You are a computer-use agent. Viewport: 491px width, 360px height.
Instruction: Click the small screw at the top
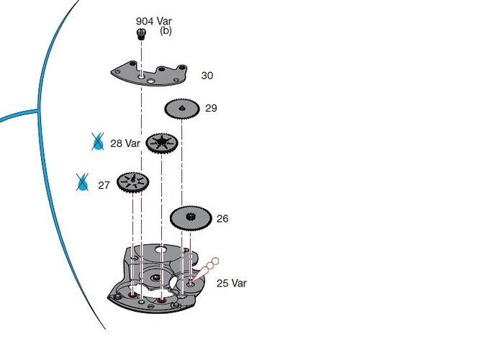[142, 33]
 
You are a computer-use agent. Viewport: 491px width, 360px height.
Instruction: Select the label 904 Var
[153, 21]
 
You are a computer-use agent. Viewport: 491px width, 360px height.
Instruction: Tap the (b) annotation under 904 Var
[166, 31]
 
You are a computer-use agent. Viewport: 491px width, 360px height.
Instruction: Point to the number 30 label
[207, 76]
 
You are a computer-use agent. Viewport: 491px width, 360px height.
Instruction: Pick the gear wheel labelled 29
[181, 109]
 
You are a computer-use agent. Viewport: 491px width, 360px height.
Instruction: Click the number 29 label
[211, 109]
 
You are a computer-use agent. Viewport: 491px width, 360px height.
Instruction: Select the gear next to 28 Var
[162, 143]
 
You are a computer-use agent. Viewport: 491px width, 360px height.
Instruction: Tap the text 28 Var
[125, 143]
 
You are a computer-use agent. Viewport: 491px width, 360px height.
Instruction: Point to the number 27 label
[104, 185]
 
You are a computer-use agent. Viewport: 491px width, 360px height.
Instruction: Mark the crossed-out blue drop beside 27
[83, 184]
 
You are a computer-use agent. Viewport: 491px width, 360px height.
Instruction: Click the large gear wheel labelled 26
[191, 216]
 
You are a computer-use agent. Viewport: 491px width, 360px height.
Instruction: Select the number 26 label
[222, 219]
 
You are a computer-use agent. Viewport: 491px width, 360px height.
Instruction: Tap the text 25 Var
[231, 284]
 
